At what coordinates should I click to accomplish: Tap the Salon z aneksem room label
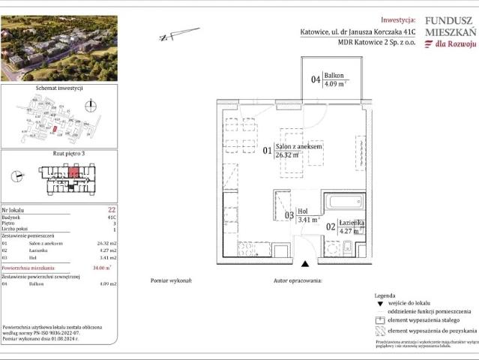click(298, 146)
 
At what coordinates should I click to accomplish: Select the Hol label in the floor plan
click(303, 211)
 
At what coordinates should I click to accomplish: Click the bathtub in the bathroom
click(343, 202)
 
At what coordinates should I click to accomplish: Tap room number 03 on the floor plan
click(289, 216)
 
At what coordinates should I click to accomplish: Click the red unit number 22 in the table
click(111, 210)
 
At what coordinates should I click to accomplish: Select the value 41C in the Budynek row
click(112, 217)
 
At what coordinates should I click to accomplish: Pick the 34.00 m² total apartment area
click(102, 267)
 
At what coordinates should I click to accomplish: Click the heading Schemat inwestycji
click(58, 88)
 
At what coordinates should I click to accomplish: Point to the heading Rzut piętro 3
click(59, 154)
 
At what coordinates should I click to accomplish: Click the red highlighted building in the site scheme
click(54, 129)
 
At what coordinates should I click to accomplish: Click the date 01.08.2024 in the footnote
click(69, 340)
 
